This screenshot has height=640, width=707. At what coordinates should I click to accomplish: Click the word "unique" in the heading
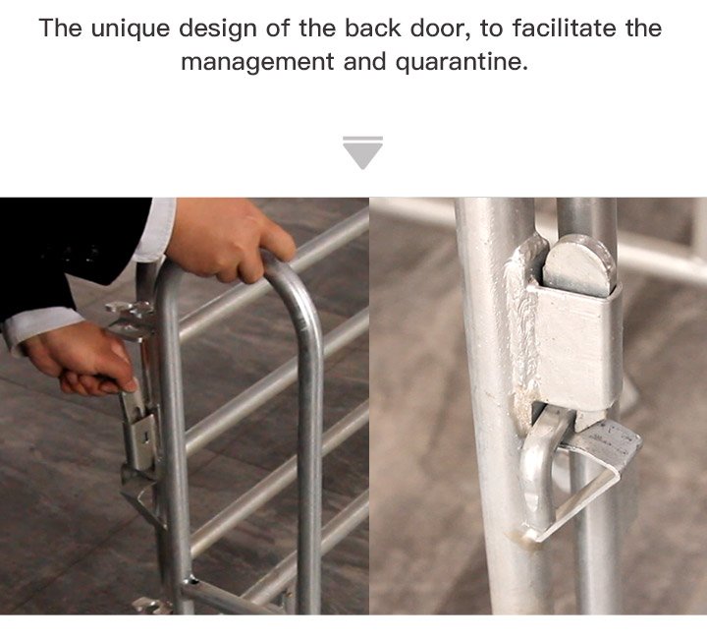click(131, 29)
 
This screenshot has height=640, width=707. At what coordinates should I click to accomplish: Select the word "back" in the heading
click(372, 28)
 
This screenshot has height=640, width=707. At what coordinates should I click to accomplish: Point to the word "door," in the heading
click(440, 29)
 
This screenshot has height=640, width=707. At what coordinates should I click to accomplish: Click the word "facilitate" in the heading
click(564, 28)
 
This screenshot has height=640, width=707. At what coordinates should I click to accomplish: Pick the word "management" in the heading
click(257, 63)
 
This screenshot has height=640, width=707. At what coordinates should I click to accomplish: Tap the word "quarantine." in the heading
click(462, 63)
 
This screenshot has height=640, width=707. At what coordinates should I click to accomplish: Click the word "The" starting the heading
click(61, 28)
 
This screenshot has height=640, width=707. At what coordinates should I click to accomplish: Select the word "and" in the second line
click(364, 61)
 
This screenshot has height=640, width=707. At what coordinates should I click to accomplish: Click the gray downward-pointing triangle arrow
click(362, 152)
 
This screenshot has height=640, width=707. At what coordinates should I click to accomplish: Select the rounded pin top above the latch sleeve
click(577, 265)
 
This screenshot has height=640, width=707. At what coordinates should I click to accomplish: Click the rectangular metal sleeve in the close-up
click(575, 343)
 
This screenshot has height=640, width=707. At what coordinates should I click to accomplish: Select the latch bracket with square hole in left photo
click(142, 440)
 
